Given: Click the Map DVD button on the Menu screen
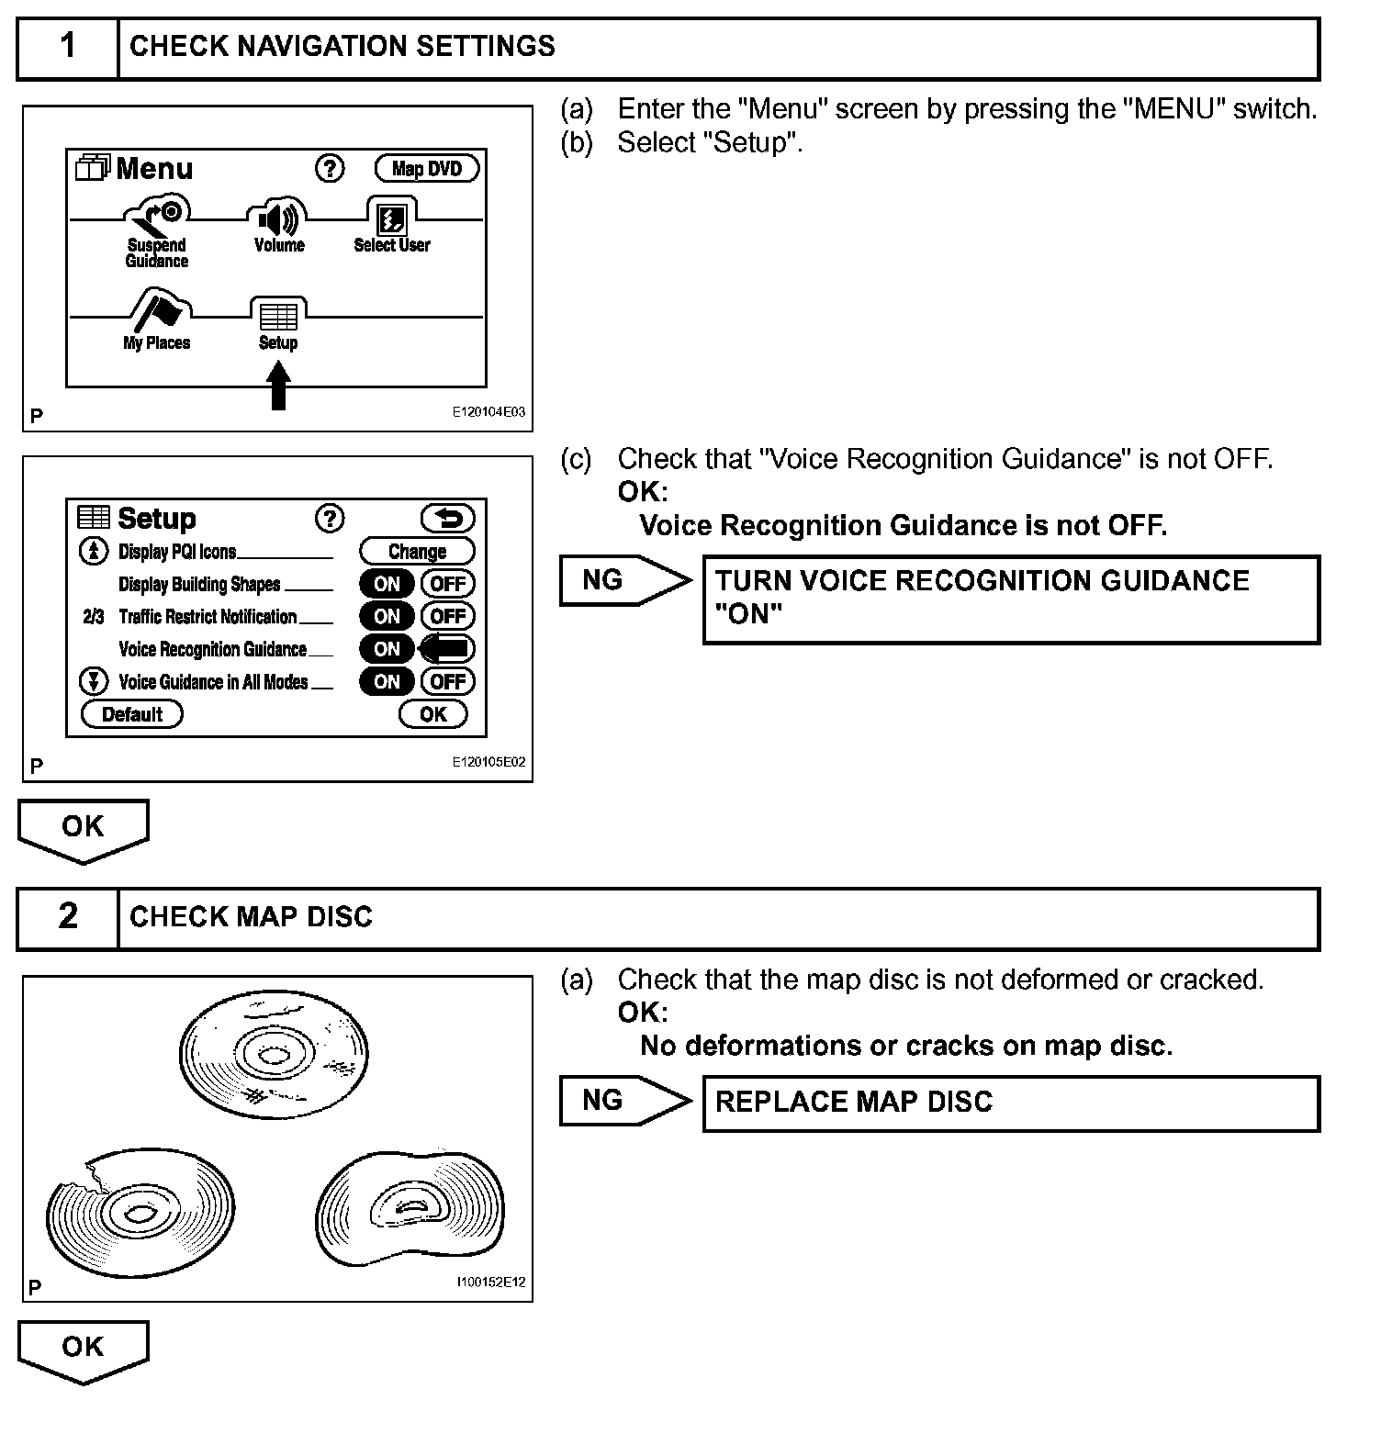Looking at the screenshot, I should click(427, 169).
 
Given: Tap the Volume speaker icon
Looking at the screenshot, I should click(278, 220).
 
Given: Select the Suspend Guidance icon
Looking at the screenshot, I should click(158, 216).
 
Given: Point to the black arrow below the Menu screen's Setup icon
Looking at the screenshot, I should click(279, 385).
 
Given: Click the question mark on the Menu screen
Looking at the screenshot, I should click(330, 168).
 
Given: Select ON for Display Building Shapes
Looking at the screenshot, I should click(387, 584).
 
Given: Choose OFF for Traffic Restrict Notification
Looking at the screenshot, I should click(447, 616).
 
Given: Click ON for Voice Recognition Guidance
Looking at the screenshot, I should click(387, 649).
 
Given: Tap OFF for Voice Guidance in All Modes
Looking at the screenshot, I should click(447, 681).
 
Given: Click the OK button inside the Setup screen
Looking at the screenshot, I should click(432, 714).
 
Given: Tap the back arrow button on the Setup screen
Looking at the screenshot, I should click(447, 519).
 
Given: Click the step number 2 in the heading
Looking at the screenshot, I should click(69, 916).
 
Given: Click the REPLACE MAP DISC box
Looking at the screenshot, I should click(1010, 1103).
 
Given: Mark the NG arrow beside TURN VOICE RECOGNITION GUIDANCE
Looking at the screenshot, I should click(624, 580).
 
